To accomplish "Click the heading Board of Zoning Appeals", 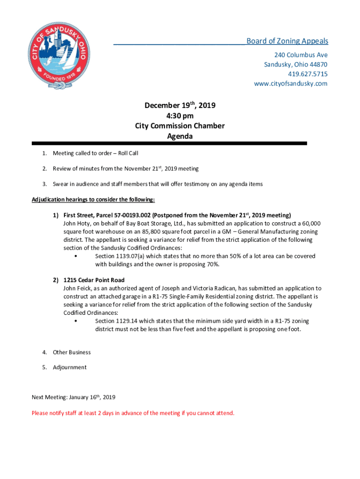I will [287, 41].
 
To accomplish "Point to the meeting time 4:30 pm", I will [180, 116].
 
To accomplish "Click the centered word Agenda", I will [180, 136].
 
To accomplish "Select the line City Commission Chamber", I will [180, 126].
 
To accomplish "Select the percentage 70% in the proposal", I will [213, 264].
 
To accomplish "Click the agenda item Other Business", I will [72, 352].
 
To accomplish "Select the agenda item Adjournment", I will [70, 367].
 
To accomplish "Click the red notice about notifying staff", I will [133, 413].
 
